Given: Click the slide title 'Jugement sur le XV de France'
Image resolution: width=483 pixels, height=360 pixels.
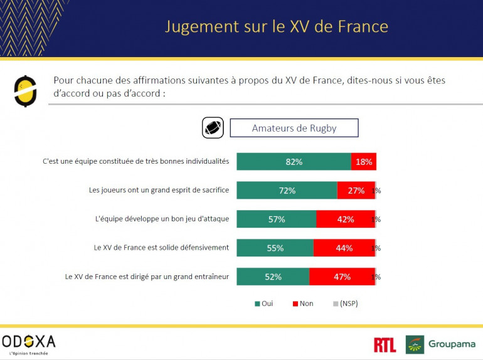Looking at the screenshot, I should click(x=276, y=27).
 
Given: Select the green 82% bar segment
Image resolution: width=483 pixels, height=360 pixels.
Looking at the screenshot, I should click(x=294, y=162).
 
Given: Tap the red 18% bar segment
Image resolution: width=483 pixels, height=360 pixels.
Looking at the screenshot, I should click(x=364, y=162).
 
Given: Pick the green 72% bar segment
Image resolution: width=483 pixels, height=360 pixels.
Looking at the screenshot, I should click(x=287, y=191).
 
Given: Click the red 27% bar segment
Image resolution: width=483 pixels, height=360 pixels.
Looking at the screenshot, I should click(x=356, y=191).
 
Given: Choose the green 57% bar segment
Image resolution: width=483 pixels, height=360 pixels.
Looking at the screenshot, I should click(x=276, y=220).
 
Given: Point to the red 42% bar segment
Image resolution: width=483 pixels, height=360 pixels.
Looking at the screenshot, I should click(x=345, y=220).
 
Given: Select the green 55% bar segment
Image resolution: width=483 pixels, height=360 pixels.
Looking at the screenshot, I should click(x=275, y=248).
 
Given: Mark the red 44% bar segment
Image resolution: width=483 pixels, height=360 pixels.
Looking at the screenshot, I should click(x=344, y=248).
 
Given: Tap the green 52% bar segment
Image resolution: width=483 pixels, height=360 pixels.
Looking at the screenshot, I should click(x=273, y=277).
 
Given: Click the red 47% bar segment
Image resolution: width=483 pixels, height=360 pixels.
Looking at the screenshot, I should click(x=342, y=277).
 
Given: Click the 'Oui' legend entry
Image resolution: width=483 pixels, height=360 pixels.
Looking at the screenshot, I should click(x=263, y=304).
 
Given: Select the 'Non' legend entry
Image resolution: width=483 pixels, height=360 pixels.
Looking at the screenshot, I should click(x=302, y=304).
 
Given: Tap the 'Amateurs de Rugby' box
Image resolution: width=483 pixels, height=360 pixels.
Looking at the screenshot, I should click(x=294, y=128).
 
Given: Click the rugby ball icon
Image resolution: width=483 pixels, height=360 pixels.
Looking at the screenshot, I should click(x=213, y=128).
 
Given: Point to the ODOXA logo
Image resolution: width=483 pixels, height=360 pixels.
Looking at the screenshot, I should click(x=29, y=342).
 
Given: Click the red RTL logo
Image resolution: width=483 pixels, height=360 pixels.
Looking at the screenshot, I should click(x=385, y=344).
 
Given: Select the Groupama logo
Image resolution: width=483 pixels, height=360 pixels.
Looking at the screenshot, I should click(x=441, y=344).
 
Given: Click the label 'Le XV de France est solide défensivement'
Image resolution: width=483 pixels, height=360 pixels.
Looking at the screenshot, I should click(x=161, y=248).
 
